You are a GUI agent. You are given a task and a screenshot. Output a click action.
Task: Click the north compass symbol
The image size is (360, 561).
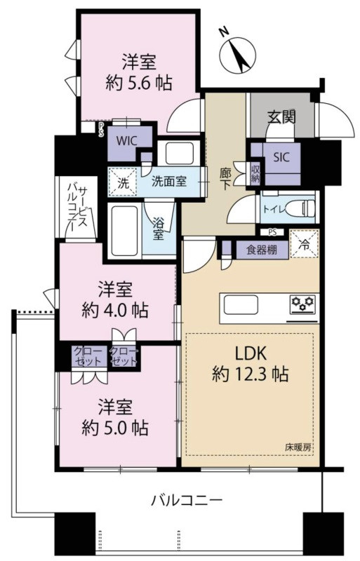click(x=237, y=50)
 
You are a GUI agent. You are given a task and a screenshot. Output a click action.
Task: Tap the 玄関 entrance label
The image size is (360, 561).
click(x=280, y=116)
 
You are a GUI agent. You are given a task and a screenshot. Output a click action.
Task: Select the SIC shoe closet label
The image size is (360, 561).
click(x=280, y=156)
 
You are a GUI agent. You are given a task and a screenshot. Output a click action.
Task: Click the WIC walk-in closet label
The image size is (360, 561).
click(x=127, y=140)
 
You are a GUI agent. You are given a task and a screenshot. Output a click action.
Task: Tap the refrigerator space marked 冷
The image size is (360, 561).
click(x=304, y=246)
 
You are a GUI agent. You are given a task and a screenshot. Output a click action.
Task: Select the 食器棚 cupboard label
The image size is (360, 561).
click(x=260, y=250)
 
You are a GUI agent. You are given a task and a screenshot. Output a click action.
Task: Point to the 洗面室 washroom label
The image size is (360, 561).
click(x=169, y=182)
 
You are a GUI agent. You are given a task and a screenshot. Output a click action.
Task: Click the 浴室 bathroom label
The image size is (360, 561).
click(x=159, y=229)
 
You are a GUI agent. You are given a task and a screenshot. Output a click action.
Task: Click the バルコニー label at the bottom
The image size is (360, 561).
click(x=187, y=501)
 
